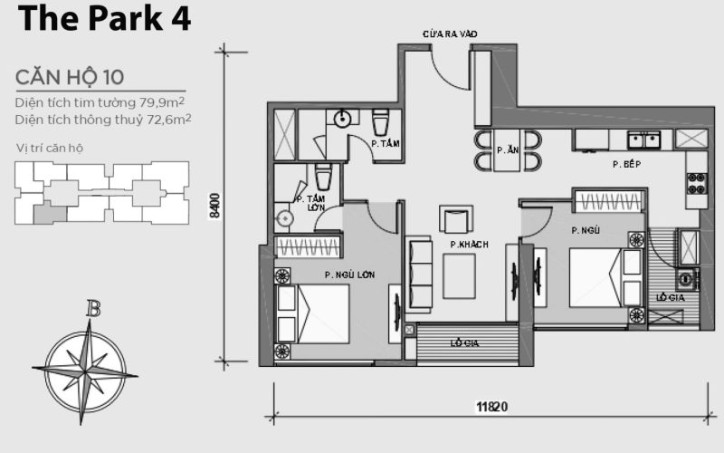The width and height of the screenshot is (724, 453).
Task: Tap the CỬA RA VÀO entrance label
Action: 450,34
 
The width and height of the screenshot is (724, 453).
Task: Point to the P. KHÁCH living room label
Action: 470,244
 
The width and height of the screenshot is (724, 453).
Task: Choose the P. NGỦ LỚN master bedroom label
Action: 350,275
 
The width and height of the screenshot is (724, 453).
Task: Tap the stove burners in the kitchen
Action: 696,183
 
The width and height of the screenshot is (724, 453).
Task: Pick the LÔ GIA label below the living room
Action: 466,343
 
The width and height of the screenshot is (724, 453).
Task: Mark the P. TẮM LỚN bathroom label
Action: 315,203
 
